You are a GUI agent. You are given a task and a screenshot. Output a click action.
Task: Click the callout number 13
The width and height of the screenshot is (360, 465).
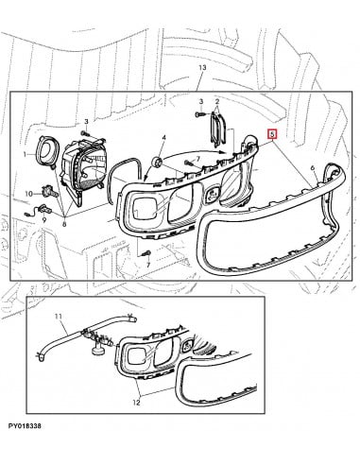coord(202,67)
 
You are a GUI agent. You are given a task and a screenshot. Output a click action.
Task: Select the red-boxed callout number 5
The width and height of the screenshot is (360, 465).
coord(272,134)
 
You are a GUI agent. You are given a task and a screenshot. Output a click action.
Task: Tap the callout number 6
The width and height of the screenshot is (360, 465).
coord(313,168)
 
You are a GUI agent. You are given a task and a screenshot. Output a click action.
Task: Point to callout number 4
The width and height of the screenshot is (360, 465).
coord(163,138)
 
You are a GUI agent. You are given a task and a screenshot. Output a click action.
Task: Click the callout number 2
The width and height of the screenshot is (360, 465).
coord(217,101)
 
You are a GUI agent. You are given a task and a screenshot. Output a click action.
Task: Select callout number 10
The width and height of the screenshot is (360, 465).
coord(29,194)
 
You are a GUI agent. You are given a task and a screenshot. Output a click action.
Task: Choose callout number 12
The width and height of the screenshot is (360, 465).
coord(137,403)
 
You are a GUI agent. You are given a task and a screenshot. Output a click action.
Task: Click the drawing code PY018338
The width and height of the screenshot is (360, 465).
coord(25,426)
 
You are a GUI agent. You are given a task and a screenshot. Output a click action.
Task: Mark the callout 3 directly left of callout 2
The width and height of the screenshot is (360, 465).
coord(201,101)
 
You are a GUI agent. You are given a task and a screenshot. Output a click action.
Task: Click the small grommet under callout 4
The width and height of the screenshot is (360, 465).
coord(157,163)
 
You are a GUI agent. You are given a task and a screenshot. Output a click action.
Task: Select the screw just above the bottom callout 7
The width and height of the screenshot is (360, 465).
coord(146,253)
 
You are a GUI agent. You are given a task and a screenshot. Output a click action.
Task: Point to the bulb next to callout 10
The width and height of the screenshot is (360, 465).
coord(50,190)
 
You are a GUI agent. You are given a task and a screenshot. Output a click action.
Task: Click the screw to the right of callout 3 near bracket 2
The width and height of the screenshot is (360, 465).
coord(200,115)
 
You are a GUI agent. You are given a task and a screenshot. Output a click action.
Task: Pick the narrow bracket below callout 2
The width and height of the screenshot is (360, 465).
coord(218,130)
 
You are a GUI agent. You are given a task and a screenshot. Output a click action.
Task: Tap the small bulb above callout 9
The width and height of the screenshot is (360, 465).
coord(43,208)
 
